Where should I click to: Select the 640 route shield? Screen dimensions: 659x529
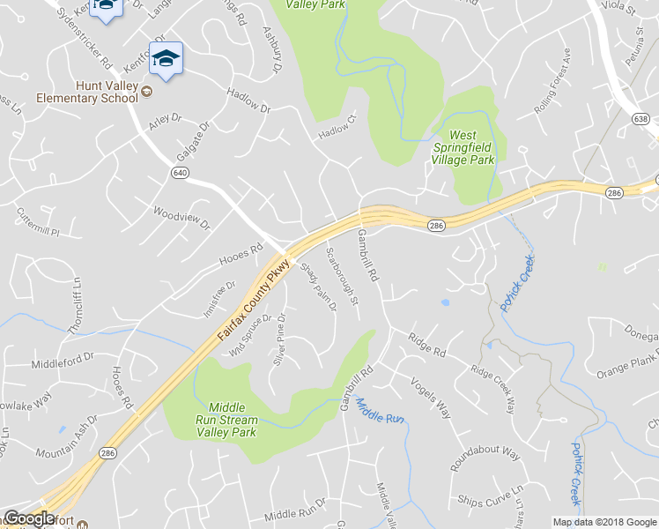pos(180,173)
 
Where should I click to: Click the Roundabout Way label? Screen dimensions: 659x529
pos(485,461)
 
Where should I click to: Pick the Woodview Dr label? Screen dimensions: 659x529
pos(181,218)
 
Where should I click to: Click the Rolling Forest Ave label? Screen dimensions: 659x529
pos(552,92)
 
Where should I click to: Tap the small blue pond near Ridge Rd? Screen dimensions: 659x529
pos(445,302)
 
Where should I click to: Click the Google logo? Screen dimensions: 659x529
pos(30,518)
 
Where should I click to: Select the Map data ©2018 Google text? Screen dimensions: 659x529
pos(603,522)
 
